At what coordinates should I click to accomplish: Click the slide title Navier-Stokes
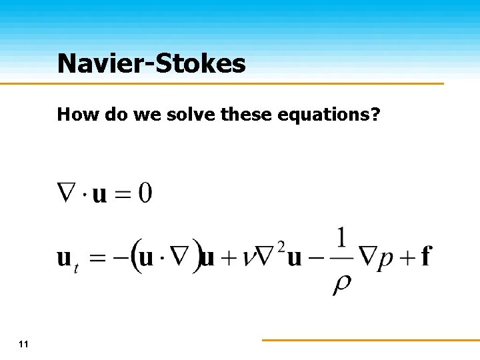pyautogui.click(x=151, y=64)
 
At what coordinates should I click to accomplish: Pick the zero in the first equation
pyautogui.click(x=145, y=194)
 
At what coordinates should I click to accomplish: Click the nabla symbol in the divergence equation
pyautogui.click(x=69, y=193)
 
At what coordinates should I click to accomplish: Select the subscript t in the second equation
pyautogui.click(x=77, y=268)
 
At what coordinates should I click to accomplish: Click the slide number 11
pyautogui.click(x=24, y=344)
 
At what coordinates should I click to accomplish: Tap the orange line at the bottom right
pyautogui.click(x=370, y=340)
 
